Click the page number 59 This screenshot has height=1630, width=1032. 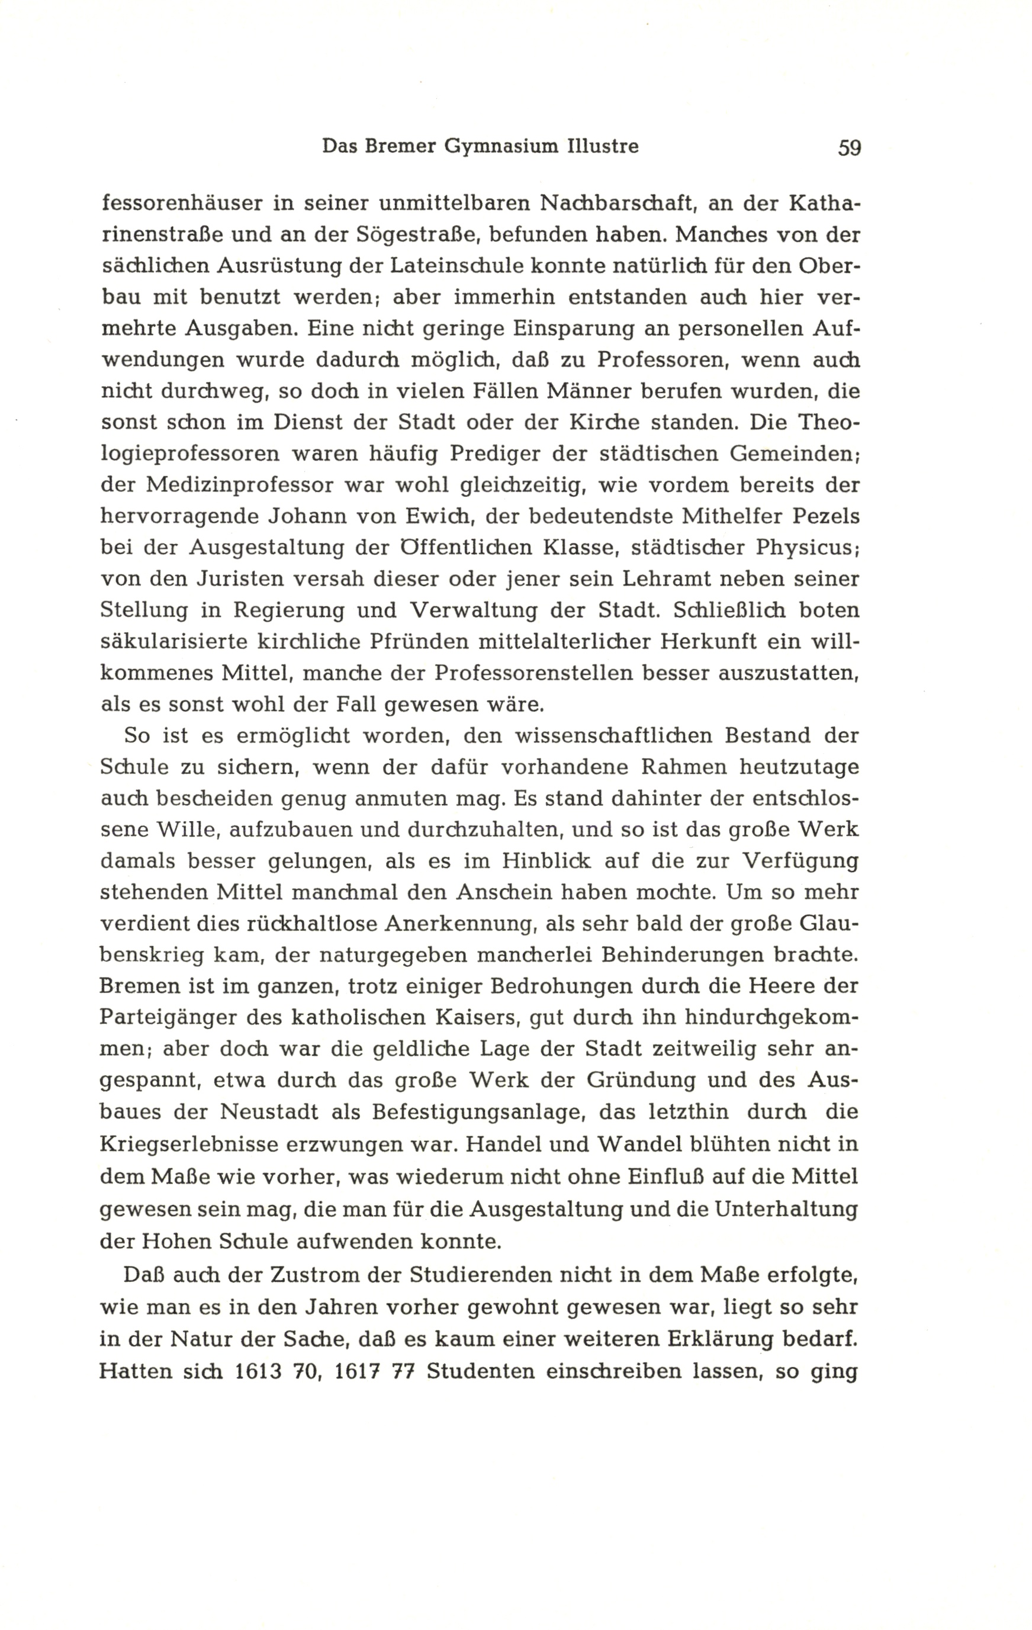[849, 147]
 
